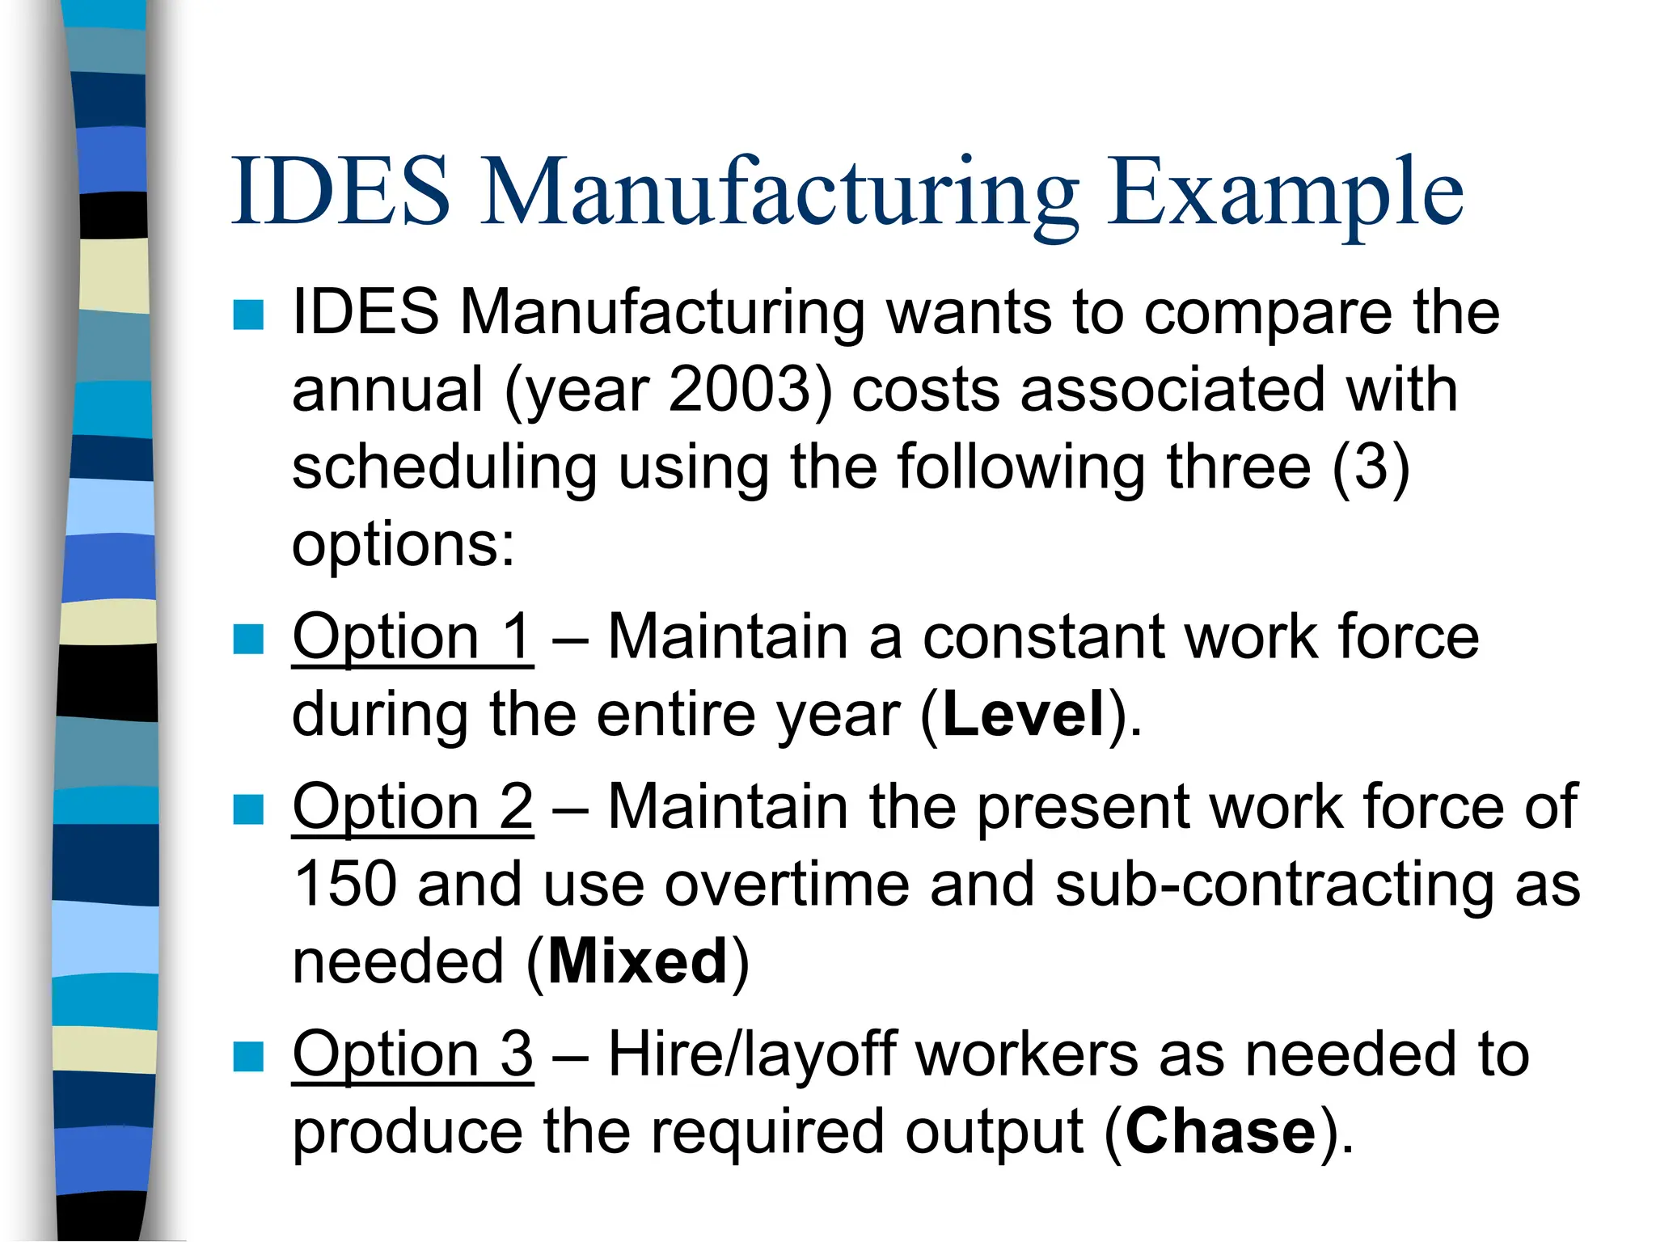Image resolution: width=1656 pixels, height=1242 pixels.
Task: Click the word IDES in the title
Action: [x=340, y=192]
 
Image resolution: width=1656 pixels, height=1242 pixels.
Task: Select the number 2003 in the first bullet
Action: [x=739, y=390]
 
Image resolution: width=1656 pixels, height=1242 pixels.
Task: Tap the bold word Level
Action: [x=1024, y=715]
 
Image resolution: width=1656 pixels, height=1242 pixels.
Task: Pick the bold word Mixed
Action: [x=638, y=962]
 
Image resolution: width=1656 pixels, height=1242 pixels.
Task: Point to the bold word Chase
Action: [x=1220, y=1131]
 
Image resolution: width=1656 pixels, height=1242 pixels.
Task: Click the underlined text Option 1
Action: [x=412, y=637]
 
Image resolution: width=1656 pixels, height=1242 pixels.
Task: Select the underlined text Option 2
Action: [x=412, y=807]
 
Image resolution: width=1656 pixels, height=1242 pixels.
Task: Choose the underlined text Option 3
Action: [x=412, y=1054]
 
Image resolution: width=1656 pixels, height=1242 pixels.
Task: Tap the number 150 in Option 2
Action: [x=344, y=885]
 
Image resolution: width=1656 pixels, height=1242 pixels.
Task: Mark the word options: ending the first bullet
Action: [x=403, y=545]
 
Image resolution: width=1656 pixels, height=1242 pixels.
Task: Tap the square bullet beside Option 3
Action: [x=248, y=1056]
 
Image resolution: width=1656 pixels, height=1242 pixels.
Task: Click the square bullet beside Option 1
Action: [x=248, y=639]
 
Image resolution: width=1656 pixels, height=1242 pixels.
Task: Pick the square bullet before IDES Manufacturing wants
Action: [x=248, y=315]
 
